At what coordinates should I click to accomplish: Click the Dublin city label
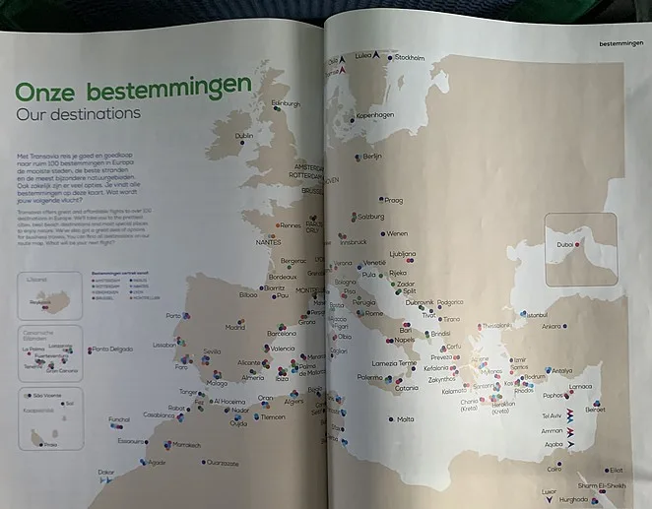(245, 136)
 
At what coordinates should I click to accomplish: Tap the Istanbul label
(536, 314)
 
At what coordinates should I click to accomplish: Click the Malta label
(406, 419)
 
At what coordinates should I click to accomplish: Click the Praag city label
(393, 199)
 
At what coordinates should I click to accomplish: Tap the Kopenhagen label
(375, 115)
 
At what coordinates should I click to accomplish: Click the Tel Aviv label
(553, 416)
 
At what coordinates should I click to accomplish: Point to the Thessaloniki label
(497, 325)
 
